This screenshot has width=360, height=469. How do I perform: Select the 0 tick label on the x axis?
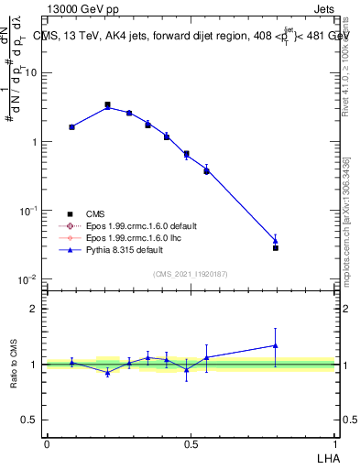pos(47,442)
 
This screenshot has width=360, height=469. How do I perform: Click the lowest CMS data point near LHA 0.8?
pos(275,247)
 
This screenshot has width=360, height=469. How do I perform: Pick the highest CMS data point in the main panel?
pos(107,105)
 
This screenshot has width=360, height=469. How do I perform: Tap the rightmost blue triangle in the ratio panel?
pos(275,345)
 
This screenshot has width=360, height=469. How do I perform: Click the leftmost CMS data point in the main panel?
pos(71,126)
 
